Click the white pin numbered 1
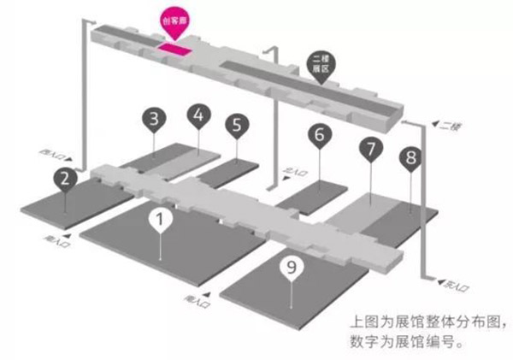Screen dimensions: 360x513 point(160,220)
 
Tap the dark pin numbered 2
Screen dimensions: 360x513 point(63,179)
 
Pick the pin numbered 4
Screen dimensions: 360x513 point(200,115)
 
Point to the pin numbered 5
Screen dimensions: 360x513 point(236,125)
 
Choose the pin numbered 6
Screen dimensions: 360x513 point(319,135)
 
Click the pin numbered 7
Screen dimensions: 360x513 point(369,149)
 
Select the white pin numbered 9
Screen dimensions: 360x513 point(292,268)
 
